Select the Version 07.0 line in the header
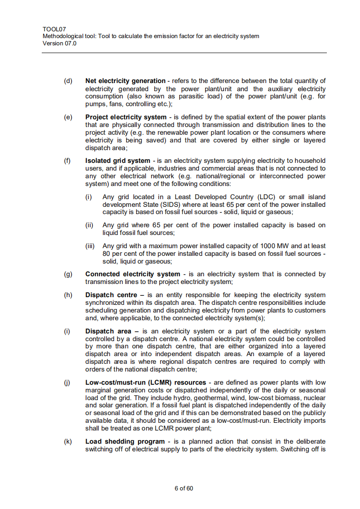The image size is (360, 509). coord(59,44)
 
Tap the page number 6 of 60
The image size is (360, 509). coord(184,488)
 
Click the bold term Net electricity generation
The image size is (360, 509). coord(125,81)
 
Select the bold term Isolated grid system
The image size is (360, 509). coord(118,161)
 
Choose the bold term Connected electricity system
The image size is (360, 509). coord(133,274)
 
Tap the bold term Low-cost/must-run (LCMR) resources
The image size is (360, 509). coord(145,382)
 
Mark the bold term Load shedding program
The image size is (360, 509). coord(125,441)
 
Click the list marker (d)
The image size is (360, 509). coord(68,81)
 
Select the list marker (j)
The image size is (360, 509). coord(68,382)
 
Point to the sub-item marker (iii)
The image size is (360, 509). coord(90,246)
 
